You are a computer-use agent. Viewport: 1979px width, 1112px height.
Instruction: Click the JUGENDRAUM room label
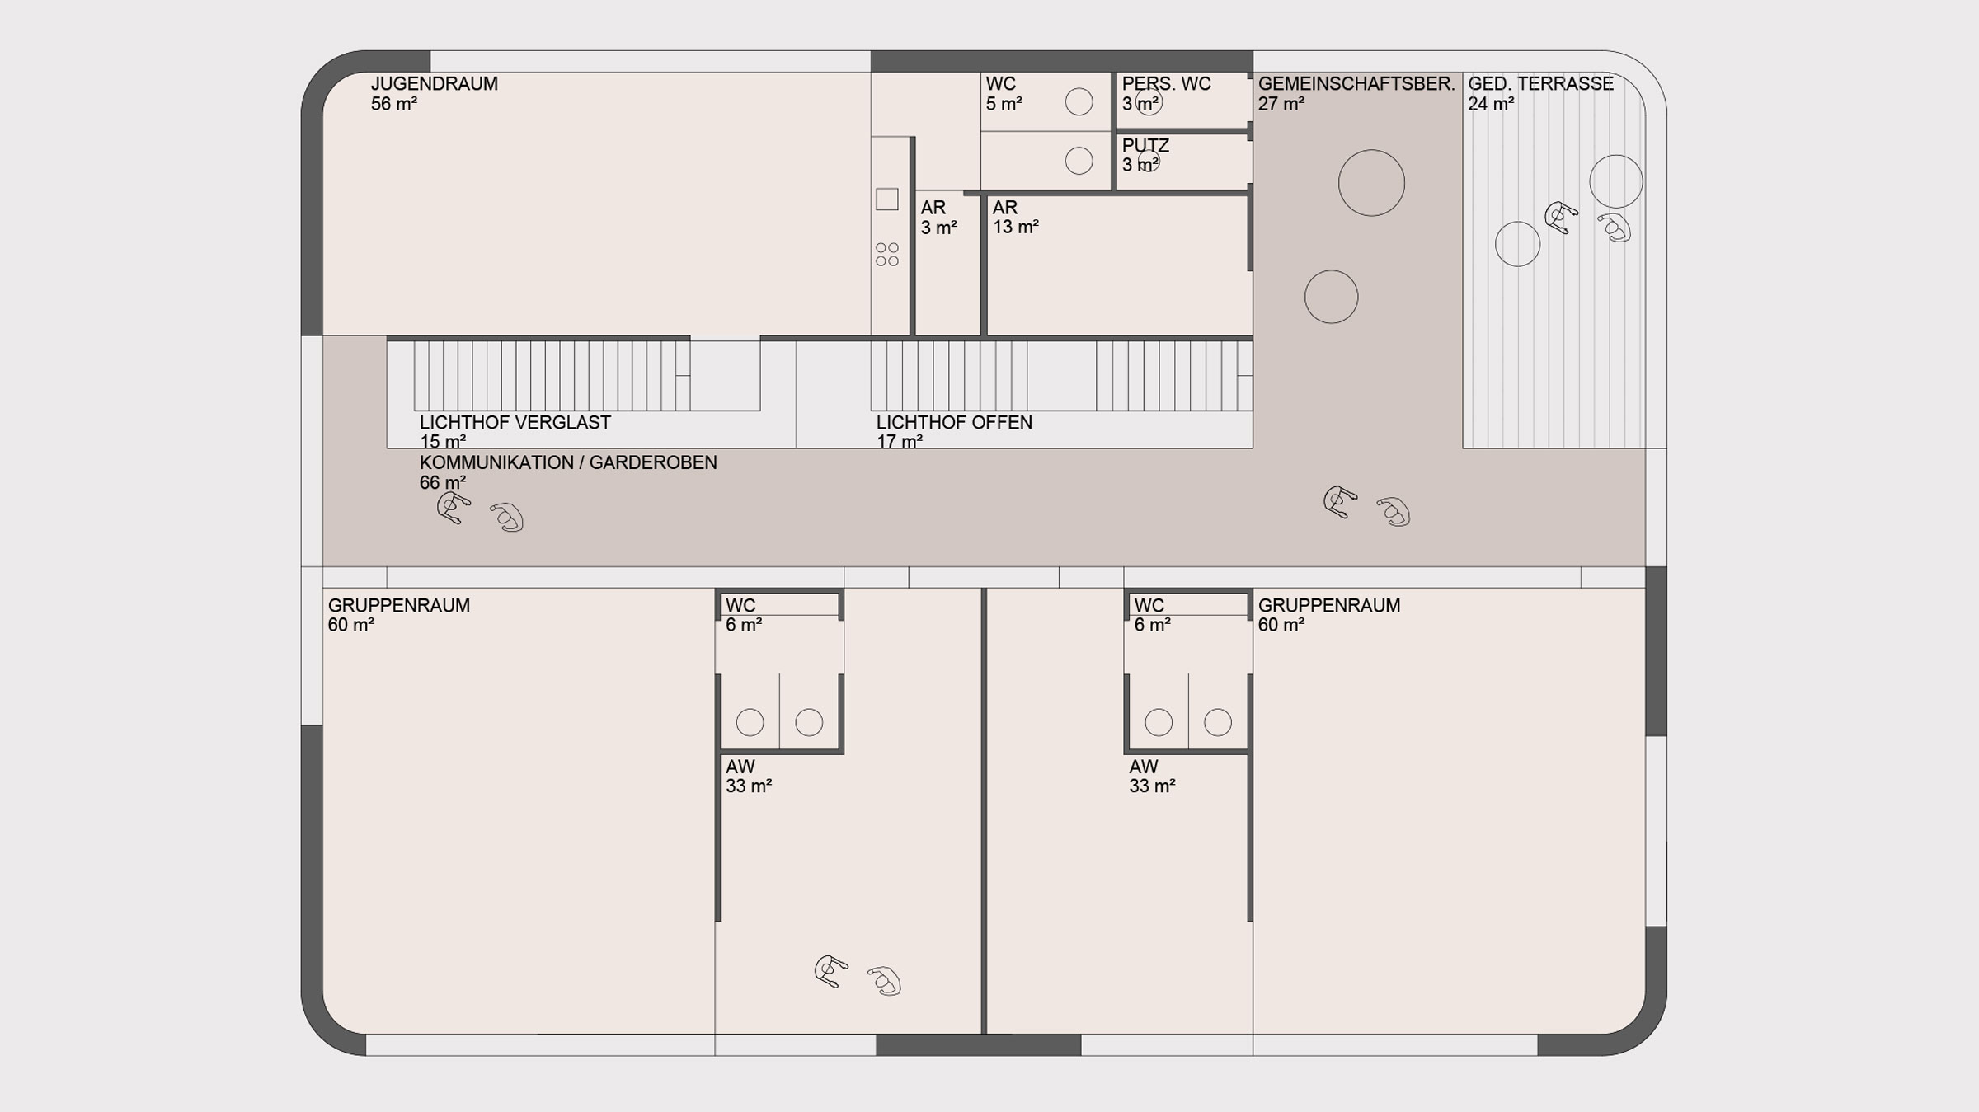click(x=435, y=84)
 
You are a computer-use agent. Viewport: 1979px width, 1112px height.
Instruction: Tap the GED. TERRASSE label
click(x=1540, y=84)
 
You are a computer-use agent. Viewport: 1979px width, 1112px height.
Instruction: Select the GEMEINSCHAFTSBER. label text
click(x=1356, y=84)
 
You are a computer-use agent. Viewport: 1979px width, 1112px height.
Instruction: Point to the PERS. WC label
click(x=1167, y=84)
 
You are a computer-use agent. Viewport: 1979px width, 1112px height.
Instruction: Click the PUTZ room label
click(x=1145, y=146)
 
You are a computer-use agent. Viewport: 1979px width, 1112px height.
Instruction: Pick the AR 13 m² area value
click(x=1016, y=227)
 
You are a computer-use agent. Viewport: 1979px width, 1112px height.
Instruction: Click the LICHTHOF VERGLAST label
click(x=515, y=423)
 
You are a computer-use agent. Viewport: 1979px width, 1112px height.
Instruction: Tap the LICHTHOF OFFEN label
click(x=954, y=423)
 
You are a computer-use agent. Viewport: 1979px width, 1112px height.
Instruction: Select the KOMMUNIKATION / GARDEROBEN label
click(x=568, y=463)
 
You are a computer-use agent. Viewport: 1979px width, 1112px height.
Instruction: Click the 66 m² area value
click(x=443, y=483)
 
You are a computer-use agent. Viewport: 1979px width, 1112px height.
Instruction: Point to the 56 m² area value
click(x=394, y=104)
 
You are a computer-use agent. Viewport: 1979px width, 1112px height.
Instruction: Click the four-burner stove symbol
click(x=887, y=255)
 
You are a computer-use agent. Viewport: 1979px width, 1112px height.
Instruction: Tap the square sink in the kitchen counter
click(x=887, y=199)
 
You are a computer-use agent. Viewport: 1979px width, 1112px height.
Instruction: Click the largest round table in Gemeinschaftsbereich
click(x=1371, y=183)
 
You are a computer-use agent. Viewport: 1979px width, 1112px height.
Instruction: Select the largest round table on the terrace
click(x=1616, y=181)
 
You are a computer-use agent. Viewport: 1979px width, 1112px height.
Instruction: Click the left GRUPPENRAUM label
click(x=399, y=606)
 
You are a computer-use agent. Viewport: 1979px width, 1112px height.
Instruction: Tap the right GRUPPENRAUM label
click(x=1329, y=606)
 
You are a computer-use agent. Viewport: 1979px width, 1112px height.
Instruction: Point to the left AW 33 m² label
click(x=749, y=777)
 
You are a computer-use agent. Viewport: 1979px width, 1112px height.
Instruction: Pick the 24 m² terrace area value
click(x=1492, y=104)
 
